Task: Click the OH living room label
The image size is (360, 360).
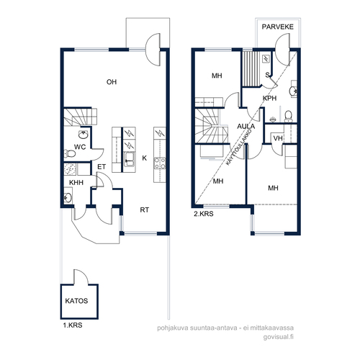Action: click(x=112, y=82)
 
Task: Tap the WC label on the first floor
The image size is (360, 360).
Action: click(x=80, y=147)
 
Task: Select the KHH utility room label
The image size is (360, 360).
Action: click(x=76, y=183)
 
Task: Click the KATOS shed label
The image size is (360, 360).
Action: click(x=76, y=301)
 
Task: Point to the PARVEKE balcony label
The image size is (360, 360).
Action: click(x=278, y=27)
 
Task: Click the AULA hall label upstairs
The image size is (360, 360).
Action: click(x=246, y=126)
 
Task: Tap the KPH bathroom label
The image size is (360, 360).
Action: click(x=269, y=98)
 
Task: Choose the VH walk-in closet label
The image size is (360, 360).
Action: click(x=278, y=138)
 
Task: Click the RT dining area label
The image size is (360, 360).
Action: click(x=144, y=210)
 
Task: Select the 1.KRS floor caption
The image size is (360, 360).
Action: click(x=73, y=325)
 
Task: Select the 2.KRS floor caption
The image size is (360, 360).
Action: click(x=204, y=214)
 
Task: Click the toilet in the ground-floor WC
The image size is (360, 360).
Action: click(x=70, y=153)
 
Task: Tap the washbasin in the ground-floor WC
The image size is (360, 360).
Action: click(x=83, y=135)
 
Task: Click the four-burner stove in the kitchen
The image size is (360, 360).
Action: click(x=160, y=163)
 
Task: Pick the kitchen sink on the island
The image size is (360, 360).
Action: click(x=130, y=159)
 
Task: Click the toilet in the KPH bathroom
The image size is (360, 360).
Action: click(x=288, y=116)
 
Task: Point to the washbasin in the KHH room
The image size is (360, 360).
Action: click(x=68, y=198)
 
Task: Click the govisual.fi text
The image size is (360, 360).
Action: click(x=279, y=337)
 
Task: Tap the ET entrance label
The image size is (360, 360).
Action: click(x=102, y=167)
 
